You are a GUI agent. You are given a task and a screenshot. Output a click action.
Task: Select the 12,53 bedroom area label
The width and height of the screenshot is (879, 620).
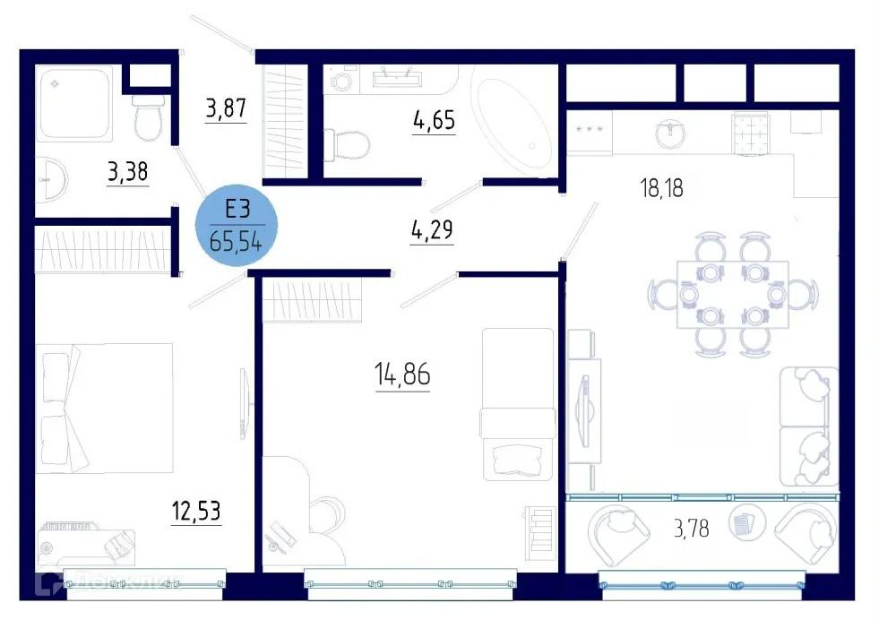click(x=196, y=512)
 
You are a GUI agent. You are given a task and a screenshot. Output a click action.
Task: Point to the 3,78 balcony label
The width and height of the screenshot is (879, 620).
click(x=691, y=528)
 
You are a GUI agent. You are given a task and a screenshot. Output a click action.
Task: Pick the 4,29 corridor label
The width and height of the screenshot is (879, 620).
click(x=432, y=231)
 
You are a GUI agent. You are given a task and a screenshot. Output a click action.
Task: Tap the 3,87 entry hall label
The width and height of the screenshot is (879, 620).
click(x=225, y=110)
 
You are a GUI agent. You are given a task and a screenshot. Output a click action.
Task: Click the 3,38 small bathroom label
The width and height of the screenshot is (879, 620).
click(x=127, y=172)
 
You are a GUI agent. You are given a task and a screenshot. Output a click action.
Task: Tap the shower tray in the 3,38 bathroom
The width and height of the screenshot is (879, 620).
click(x=75, y=101)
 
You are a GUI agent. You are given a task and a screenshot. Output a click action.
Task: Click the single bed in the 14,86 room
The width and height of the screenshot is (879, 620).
click(x=518, y=404)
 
